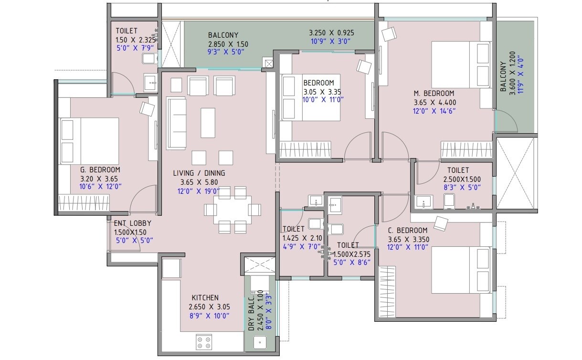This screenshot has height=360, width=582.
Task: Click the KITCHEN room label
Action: coord(205,297)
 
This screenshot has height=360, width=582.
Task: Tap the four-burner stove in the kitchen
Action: coord(204,342)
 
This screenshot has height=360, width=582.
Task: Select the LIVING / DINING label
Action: coord(199,173)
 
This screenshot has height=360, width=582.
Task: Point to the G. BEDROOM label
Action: coord(100,169)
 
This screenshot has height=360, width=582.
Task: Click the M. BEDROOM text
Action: coord(434,94)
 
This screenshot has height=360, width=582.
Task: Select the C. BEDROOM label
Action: coord(407,231)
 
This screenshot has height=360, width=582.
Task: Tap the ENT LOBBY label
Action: coord(132,223)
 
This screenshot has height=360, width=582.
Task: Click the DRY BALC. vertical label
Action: coord(251,313)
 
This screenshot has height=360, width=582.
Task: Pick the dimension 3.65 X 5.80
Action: coord(199,182)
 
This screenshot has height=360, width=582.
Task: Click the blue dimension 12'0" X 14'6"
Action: coord(434,111)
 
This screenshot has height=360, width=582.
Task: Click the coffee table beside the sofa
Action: coord(208,123)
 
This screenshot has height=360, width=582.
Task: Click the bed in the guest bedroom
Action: coord(89,142)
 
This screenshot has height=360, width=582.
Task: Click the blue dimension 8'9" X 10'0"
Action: coord(209,315)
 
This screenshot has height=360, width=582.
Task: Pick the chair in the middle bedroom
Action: coord(365,66)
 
